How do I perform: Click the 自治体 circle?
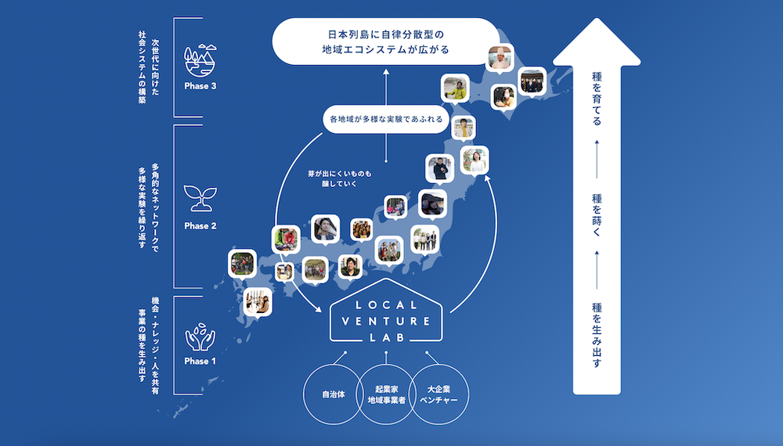point(333,395)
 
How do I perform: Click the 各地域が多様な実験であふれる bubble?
point(386,121)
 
